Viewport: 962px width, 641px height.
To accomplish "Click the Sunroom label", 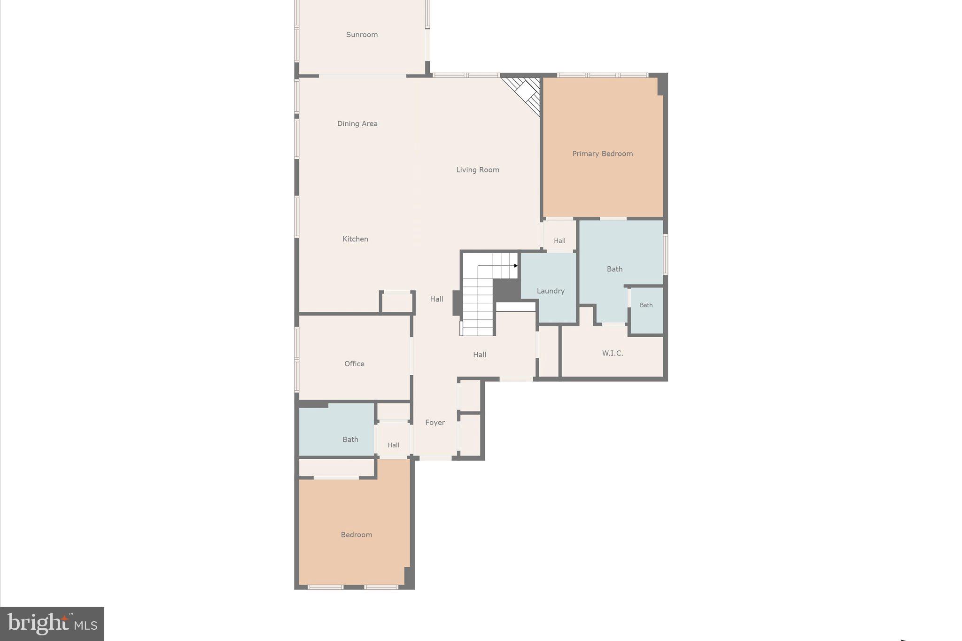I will tap(362, 35).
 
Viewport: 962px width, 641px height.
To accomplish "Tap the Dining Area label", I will tap(357, 124).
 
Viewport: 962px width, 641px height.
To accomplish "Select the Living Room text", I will tap(477, 170).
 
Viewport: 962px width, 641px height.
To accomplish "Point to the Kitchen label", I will tap(355, 239).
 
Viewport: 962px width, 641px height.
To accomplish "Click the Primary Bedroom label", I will tap(602, 154).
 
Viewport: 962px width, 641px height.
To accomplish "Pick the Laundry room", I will tap(550, 291).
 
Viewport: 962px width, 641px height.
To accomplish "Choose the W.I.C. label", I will tap(613, 353).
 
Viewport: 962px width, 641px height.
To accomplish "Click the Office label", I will tap(354, 363).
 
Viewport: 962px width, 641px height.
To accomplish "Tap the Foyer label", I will tap(435, 423).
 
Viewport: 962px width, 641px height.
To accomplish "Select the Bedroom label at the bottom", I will tap(356, 534).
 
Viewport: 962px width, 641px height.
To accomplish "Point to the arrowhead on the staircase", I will tap(516, 266).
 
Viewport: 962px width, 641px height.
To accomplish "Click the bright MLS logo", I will tap(52, 624).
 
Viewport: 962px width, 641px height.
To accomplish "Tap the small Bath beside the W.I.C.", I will tap(646, 305).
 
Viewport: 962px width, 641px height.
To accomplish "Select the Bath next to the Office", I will tap(350, 440).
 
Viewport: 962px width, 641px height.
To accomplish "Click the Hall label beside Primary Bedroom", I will tap(559, 241).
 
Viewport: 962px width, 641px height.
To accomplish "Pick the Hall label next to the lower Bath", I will tap(393, 445).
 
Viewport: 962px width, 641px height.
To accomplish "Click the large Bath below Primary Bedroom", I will tap(614, 269).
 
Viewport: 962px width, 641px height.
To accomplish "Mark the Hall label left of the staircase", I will tap(436, 299).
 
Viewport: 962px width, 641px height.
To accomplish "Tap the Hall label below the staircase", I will tap(479, 355).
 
